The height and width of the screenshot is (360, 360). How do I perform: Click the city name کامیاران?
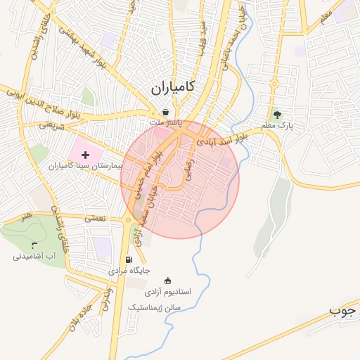tap(173, 87)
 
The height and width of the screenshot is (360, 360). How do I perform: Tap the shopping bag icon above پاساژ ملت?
tap(165, 112)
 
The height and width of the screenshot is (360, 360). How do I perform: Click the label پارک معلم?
tap(276, 126)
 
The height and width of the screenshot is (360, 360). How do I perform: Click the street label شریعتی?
tap(51, 124)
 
